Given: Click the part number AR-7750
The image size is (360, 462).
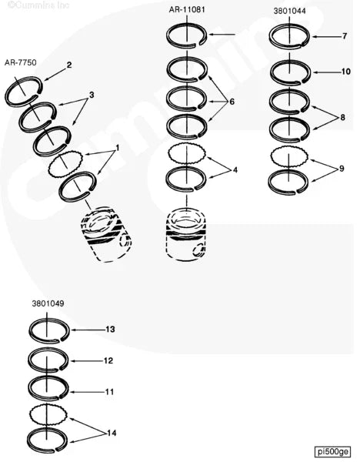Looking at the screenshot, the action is pyautogui.click(x=21, y=63).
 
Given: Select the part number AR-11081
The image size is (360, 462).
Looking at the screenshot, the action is pyautogui.click(x=187, y=10).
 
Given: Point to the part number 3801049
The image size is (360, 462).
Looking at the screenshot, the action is pyautogui.click(x=48, y=304).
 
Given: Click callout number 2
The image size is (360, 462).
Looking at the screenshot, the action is pyautogui.click(x=69, y=65).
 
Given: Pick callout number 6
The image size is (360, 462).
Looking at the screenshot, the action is pyautogui.click(x=232, y=102).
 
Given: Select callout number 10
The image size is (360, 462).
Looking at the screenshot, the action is pyautogui.click(x=346, y=72).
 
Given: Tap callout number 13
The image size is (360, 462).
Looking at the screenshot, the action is pyautogui.click(x=110, y=329).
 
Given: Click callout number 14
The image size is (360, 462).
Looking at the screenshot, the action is pyautogui.click(x=112, y=433).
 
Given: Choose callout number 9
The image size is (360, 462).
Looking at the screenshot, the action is pyautogui.click(x=342, y=169).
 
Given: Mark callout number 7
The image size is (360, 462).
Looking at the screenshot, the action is pyautogui.click(x=345, y=36).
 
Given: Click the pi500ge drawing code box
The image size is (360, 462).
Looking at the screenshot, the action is pyautogui.click(x=332, y=451).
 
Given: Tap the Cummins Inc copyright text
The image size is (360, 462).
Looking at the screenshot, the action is pyautogui.click(x=38, y=5).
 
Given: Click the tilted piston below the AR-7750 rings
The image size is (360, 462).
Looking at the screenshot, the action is pyautogui.click(x=107, y=234).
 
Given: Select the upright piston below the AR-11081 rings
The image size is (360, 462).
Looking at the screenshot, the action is pyautogui.click(x=186, y=235).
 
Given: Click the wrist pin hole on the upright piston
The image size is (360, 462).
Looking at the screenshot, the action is pyautogui.click(x=198, y=250).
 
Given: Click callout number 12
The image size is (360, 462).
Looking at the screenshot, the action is pyautogui.click(x=108, y=360).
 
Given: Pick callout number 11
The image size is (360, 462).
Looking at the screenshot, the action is pyautogui.click(x=109, y=392).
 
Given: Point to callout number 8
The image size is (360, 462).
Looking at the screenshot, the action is pyautogui.click(x=342, y=118).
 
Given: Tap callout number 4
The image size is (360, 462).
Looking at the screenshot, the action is pyautogui.click(x=235, y=170).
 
